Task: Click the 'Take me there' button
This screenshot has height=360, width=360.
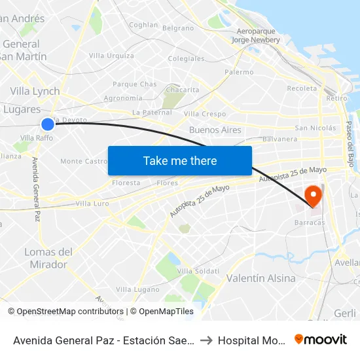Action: click(x=180, y=160)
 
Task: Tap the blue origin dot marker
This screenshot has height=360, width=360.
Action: click(x=48, y=124)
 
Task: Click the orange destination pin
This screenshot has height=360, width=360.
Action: click(x=314, y=195)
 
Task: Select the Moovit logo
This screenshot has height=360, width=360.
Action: click(x=321, y=340)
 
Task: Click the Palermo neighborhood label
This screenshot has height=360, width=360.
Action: click(x=239, y=72)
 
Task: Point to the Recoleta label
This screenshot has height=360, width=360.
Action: click(x=302, y=88)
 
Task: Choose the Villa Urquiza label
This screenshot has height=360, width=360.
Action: click(x=111, y=56)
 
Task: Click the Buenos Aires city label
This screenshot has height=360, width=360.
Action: click(x=215, y=130)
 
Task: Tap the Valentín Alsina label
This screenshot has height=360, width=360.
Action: click(x=261, y=278)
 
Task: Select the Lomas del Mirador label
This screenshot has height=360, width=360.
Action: click(x=48, y=258)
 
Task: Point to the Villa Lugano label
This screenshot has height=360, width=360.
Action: click(x=137, y=289)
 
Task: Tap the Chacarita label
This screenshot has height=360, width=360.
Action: click(x=183, y=90)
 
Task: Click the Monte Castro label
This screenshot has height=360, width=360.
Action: click(x=84, y=161)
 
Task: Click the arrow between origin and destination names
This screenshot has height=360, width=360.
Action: click(x=206, y=340)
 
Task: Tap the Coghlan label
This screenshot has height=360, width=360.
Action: click(x=144, y=25)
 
